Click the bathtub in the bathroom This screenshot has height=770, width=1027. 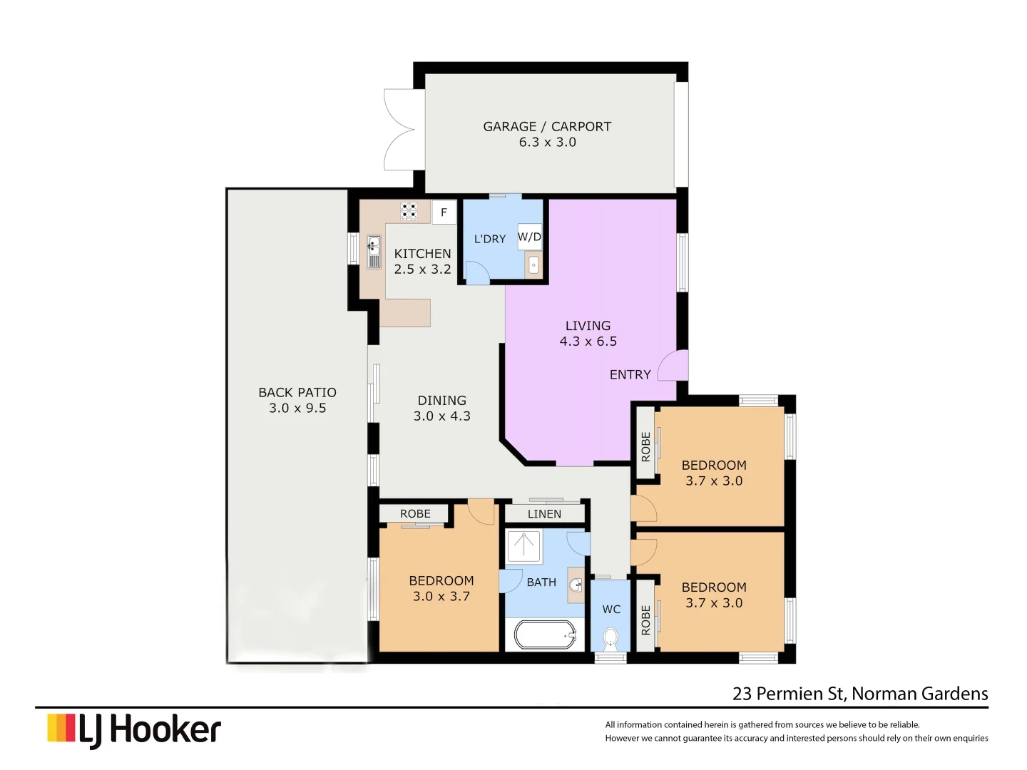[546, 635]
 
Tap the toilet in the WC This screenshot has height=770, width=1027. [610, 638]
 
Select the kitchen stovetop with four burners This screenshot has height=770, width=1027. [409, 211]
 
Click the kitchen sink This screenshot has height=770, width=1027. [374, 252]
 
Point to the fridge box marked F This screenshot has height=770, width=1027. [444, 212]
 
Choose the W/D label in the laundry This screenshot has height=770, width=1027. [529, 237]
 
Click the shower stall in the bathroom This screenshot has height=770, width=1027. [524, 546]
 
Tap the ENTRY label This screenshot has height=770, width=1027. [630, 375]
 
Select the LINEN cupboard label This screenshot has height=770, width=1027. [544, 514]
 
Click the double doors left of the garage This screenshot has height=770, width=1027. [399, 130]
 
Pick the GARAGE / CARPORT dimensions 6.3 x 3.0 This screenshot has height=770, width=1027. [547, 143]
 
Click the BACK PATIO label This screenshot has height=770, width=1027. [297, 393]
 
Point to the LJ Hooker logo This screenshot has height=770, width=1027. [134, 730]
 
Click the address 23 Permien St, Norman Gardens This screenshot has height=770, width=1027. [860, 694]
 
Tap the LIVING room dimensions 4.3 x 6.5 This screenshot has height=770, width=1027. [588, 342]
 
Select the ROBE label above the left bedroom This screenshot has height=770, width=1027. [415, 514]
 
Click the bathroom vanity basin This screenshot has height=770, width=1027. [576, 585]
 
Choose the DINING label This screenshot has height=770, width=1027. [441, 401]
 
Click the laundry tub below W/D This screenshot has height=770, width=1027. [533, 266]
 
